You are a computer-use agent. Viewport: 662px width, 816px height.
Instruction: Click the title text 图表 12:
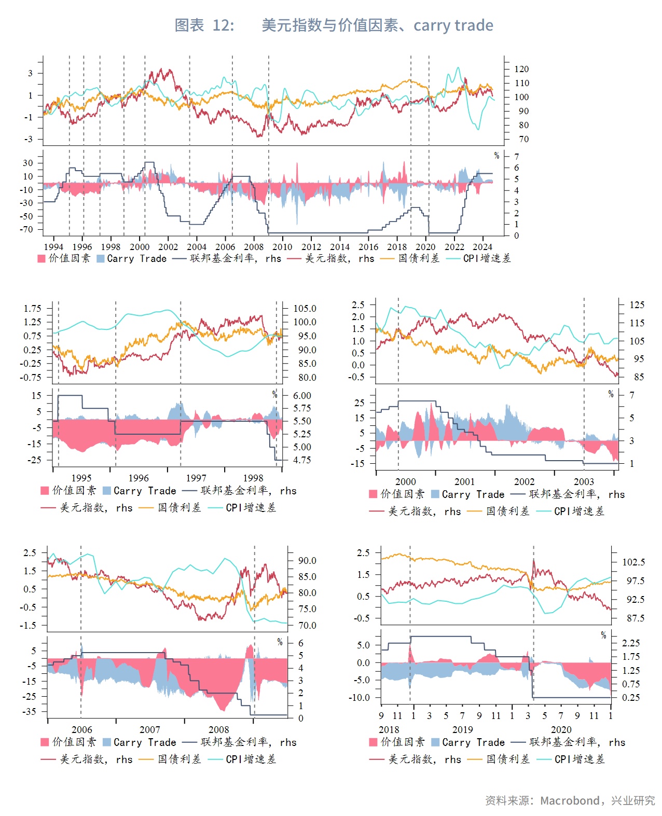(204, 25)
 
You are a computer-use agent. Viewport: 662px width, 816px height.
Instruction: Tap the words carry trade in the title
(453, 25)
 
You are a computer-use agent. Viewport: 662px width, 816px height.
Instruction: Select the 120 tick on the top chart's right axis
(521, 69)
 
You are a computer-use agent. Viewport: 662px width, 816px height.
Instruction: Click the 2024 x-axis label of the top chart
(482, 247)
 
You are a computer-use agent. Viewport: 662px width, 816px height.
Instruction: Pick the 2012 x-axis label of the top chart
(311, 247)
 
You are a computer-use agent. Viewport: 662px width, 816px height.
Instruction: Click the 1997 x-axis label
(196, 478)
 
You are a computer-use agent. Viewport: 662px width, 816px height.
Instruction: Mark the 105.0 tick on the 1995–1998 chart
(305, 309)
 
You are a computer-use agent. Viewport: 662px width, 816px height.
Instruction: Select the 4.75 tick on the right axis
(302, 460)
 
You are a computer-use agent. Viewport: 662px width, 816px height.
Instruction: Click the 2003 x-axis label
(584, 481)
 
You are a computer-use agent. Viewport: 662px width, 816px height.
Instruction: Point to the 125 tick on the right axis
(637, 305)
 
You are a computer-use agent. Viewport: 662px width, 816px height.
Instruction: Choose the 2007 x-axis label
(150, 729)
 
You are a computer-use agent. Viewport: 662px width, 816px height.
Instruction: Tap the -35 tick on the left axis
(29, 712)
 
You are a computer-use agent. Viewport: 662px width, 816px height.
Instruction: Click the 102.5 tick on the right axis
(633, 562)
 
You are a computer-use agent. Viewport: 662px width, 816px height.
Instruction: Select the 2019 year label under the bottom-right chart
(463, 729)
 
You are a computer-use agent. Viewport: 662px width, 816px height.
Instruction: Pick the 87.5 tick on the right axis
(636, 618)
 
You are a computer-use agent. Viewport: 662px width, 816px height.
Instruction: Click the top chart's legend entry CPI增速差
(487, 258)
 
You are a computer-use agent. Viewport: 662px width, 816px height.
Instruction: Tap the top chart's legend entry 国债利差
(419, 258)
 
